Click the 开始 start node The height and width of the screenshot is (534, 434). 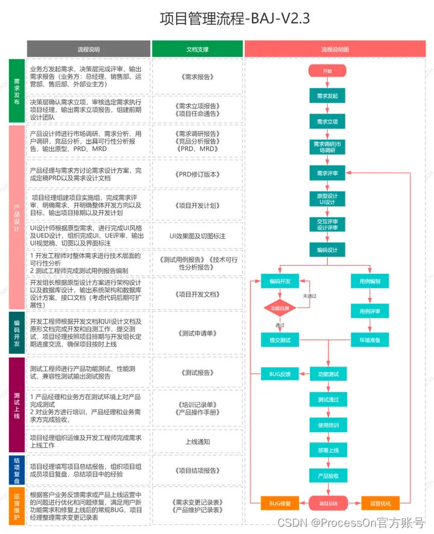coord(327,71)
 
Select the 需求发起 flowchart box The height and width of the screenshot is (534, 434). coord(327,96)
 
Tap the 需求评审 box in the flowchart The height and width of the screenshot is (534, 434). coord(327,173)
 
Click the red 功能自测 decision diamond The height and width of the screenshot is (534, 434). coord(279,308)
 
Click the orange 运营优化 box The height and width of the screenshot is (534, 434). coord(380,503)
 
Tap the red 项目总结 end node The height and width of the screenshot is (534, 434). coord(328,503)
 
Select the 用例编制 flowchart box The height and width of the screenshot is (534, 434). coord(370,281)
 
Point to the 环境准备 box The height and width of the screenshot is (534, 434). coord(370,340)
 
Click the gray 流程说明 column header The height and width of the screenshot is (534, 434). coord(89,49)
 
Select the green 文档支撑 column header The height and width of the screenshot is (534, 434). coord(197,49)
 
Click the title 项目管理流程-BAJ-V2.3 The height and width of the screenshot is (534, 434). coord(234,19)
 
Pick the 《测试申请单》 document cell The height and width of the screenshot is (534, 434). coord(197,333)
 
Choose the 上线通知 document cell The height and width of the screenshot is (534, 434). coord(197,441)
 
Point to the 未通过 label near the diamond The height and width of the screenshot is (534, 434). coord(309,296)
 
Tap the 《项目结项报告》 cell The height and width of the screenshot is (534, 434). coord(197,470)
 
